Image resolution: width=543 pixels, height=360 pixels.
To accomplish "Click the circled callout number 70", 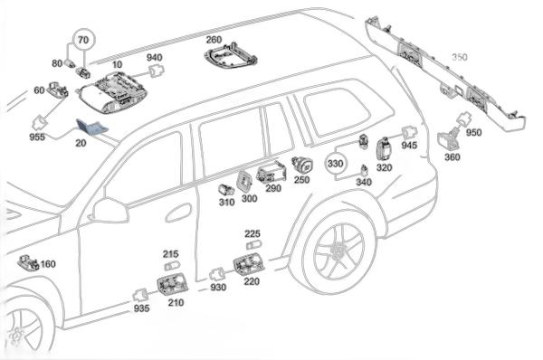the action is point(83,40).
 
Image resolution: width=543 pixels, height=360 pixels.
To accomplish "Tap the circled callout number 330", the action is point(335,164).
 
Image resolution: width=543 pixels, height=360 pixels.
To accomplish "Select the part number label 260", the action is point(214,40).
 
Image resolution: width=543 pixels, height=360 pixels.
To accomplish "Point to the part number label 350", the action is point(460,57).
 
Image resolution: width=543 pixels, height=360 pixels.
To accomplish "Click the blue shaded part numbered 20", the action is point(91,127).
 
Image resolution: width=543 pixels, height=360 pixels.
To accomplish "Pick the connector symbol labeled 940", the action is point(156,71).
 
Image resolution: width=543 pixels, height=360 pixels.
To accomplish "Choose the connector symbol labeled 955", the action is point(41,122).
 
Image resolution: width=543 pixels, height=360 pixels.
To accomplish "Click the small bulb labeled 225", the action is point(254,245).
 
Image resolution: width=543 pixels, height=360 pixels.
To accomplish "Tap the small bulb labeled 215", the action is point(172,266).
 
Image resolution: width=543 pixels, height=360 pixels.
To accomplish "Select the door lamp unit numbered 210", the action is point(173,284).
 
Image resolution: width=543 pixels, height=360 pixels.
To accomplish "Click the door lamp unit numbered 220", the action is point(249,264).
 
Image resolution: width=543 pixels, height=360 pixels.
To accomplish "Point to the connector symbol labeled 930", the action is point(217,274).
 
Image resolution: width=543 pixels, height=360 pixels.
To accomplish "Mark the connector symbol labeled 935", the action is point(140,296).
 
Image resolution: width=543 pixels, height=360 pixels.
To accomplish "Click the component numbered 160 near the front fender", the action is point(28,263).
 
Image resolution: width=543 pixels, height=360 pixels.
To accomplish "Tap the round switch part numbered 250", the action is point(302,165).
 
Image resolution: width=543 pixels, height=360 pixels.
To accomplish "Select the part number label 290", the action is point(273,188).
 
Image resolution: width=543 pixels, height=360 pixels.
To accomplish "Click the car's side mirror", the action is point(110,210).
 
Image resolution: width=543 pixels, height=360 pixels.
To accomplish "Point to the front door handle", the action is point(178,213).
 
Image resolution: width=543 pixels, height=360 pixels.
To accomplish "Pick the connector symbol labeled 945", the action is point(409,133).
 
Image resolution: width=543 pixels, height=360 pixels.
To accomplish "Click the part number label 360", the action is point(452,157).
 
